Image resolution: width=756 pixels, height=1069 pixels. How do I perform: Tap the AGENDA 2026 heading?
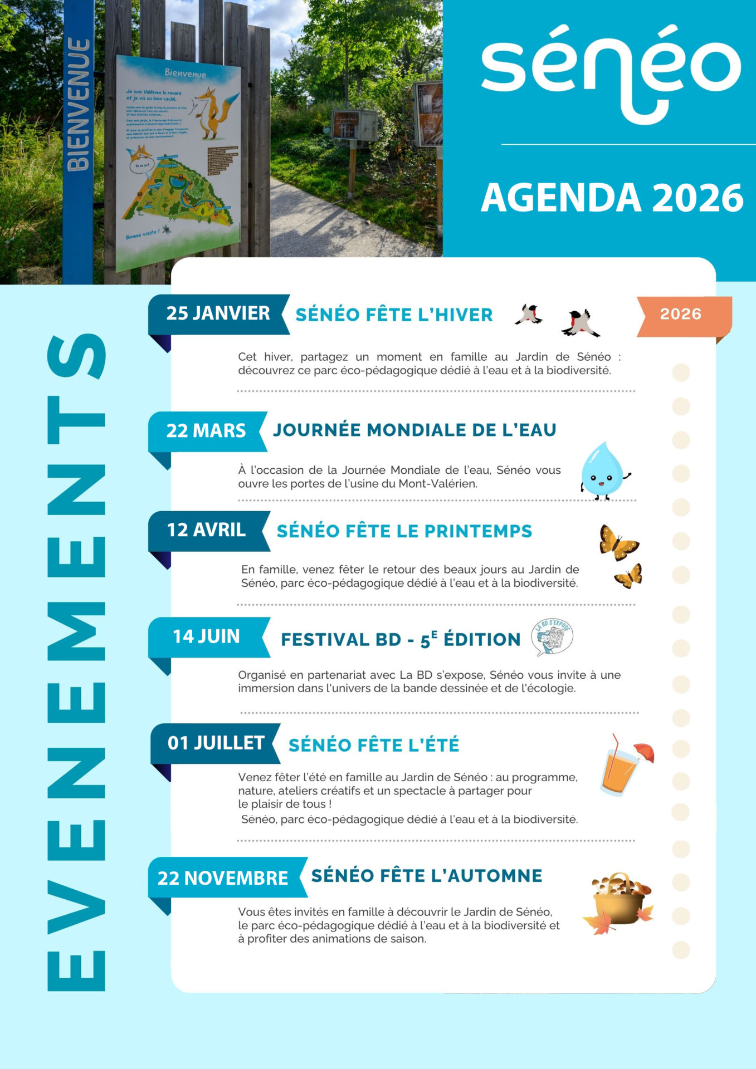point(612,198)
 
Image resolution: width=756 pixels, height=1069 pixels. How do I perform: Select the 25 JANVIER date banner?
point(218,313)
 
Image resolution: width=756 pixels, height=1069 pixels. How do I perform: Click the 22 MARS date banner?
point(206,430)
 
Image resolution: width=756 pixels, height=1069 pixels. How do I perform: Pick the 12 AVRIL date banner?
point(206,530)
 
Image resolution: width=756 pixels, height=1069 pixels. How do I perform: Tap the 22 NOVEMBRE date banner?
point(223,877)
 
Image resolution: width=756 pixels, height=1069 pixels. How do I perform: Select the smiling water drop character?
point(603,470)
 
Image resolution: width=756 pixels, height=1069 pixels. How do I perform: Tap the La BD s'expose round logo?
point(552,636)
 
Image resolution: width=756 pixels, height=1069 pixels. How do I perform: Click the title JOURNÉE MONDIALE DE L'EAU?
point(414,430)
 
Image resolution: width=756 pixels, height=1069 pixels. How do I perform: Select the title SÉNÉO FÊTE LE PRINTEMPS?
point(404,531)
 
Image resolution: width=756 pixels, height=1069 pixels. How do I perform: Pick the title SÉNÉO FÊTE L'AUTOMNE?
point(426,876)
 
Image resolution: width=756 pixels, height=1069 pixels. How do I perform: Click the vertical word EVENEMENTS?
point(77,663)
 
